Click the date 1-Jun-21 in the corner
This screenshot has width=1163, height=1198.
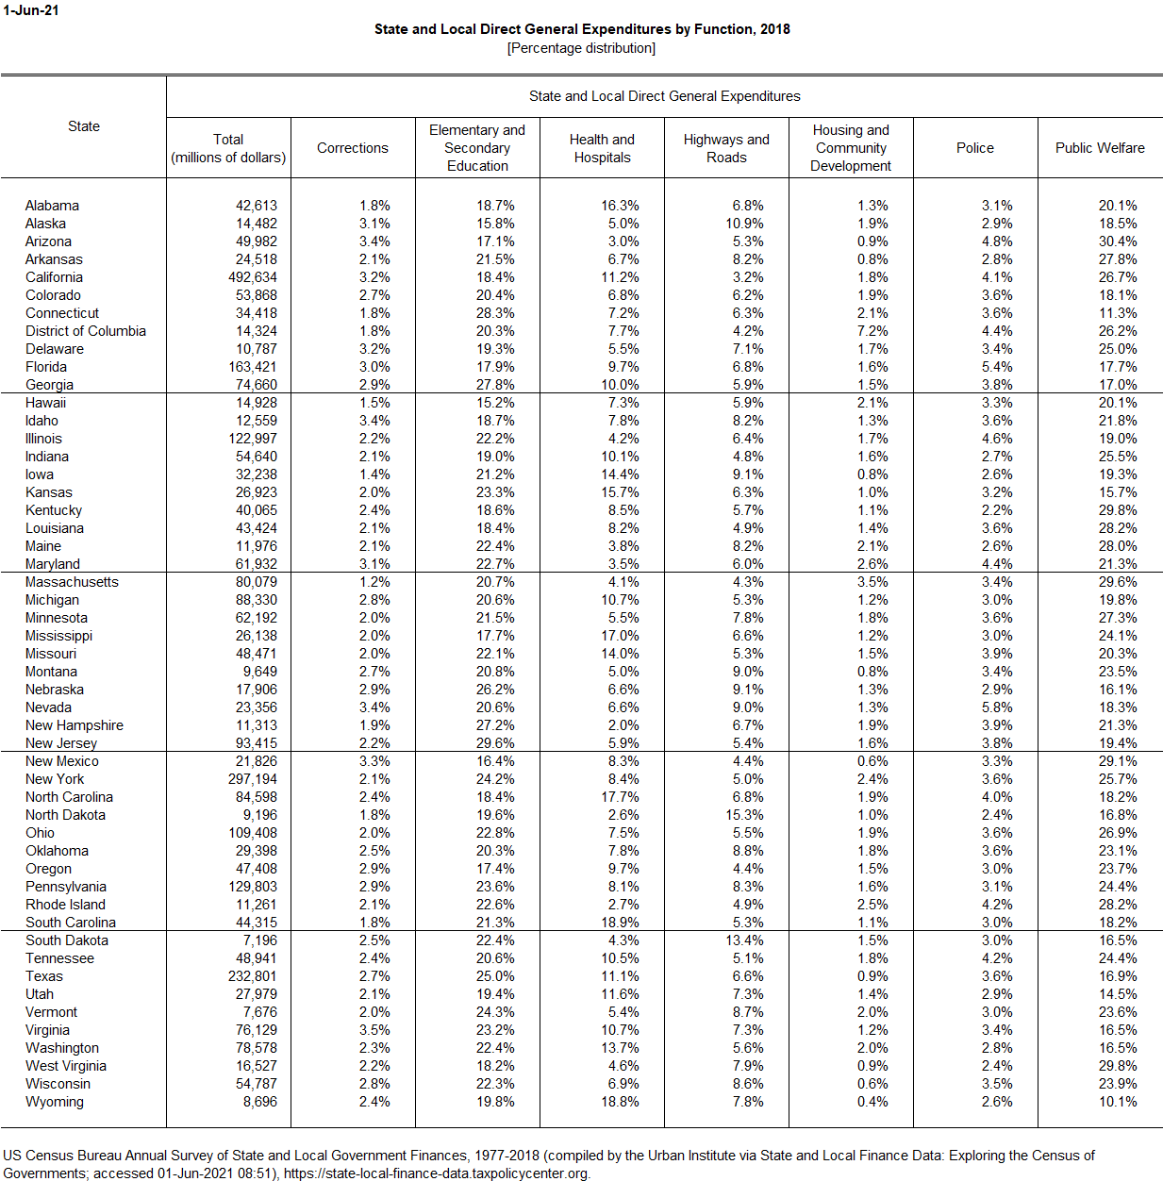tap(30, 10)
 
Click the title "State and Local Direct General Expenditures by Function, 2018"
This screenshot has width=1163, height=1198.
tap(582, 29)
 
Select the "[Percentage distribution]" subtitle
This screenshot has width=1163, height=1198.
tap(581, 48)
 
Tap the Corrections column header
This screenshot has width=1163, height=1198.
tap(353, 148)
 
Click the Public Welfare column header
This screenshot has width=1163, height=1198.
tap(1100, 148)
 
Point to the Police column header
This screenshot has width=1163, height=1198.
tap(975, 148)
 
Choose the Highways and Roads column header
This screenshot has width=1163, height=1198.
tap(726, 148)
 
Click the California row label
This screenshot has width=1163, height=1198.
tap(54, 277)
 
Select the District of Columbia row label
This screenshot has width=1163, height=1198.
tap(86, 331)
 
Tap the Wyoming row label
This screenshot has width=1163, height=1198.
tap(55, 1102)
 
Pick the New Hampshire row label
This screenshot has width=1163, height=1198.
tap(75, 725)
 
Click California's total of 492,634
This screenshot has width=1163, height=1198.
tap(253, 277)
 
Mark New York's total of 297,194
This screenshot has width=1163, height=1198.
tap(253, 779)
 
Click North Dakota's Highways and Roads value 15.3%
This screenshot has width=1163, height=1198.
tap(744, 815)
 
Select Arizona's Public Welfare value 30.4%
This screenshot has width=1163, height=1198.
tap(1118, 241)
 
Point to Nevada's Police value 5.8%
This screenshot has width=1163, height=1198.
tap(997, 707)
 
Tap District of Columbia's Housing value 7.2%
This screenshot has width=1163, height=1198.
tap(872, 331)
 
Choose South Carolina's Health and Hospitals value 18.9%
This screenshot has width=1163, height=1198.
tap(620, 923)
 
